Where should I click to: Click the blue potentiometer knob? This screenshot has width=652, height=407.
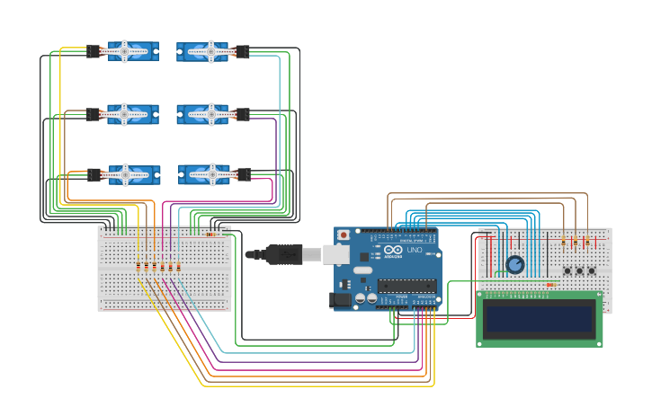(x=514, y=264)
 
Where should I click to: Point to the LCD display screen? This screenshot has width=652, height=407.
(x=540, y=319)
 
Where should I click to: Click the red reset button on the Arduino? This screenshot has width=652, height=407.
(x=344, y=235)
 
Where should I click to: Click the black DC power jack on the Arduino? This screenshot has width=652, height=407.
(x=341, y=300)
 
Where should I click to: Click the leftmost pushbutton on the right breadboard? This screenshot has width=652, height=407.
(x=567, y=270)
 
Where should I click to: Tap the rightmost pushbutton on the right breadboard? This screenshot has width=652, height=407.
(x=592, y=270)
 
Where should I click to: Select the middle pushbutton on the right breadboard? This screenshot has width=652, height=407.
(x=579, y=270)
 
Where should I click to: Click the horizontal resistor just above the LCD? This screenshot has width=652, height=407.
(x=549, y=285)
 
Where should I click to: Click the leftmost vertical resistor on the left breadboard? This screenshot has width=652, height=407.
(x=138, y=266)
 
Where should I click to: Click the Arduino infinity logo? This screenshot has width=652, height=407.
(x=393, y=249)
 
